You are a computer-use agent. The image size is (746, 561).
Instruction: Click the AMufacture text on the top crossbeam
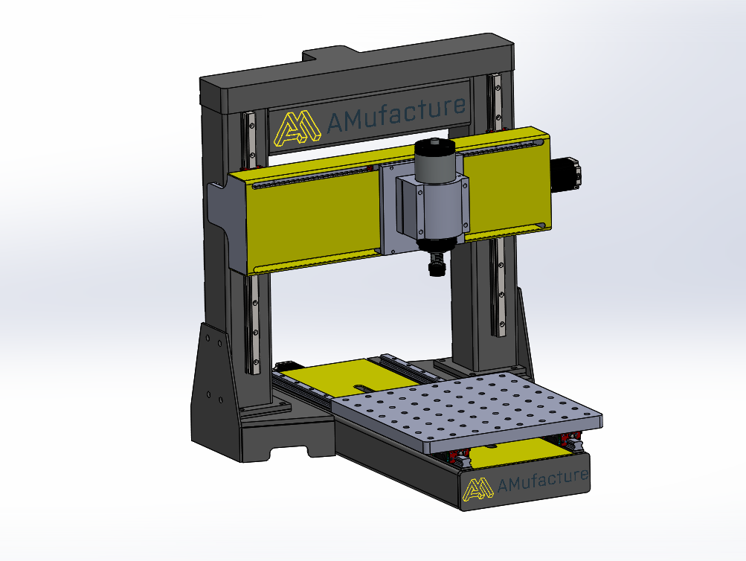point(396,114)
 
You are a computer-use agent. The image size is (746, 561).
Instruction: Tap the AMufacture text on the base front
point(542,480)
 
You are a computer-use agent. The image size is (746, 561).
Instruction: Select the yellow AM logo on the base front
point(477,490)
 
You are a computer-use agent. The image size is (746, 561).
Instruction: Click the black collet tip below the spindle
point(436,264)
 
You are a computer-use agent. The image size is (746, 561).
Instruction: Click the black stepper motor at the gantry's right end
point(567,174)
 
